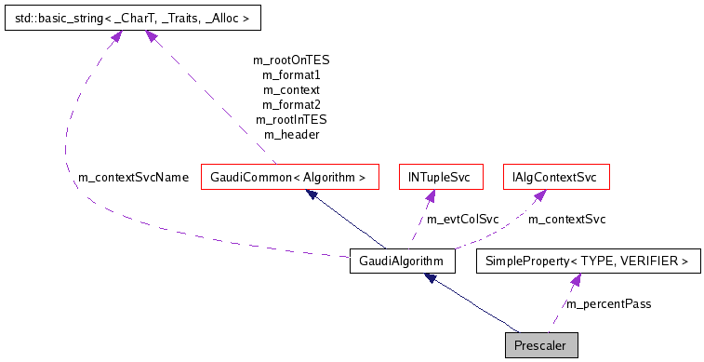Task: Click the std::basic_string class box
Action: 133,17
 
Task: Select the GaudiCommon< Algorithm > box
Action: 290,176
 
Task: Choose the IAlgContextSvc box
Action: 555,176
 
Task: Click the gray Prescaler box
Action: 542,346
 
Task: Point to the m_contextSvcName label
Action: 134,177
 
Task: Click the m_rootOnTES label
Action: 291,60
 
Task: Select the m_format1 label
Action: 291,74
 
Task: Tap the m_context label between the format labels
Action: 291,89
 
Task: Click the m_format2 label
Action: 291,104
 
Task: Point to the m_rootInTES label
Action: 291,119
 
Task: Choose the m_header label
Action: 291,134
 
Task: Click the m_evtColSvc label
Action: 462,220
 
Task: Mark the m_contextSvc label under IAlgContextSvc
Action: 567,220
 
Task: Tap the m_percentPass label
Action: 609,304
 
